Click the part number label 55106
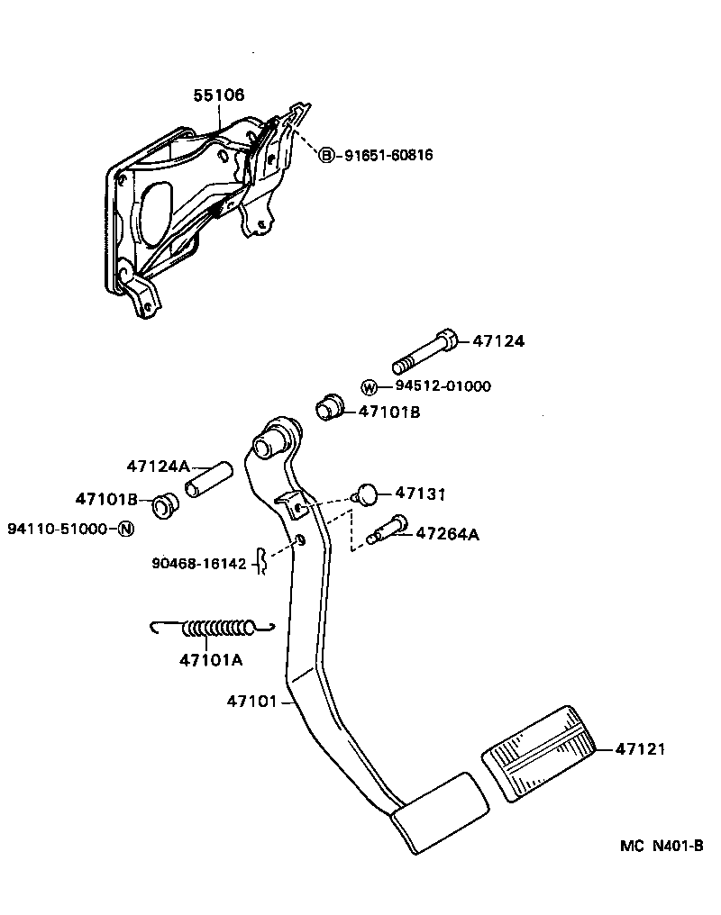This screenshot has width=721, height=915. click(219, 95)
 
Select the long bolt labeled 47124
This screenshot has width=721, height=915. click(424, 352)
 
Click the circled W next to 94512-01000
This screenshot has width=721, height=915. click(370, 387)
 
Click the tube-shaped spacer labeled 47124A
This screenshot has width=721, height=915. click(208, 480)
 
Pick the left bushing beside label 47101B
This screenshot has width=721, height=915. click(163, 505)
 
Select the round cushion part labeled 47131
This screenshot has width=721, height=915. click(365, 494)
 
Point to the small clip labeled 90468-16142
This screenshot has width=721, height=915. click(260, 562)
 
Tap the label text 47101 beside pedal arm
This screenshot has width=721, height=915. click(254, 701)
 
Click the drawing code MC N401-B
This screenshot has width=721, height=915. click(661, 847)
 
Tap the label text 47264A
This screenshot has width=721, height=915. click(447, 534)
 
